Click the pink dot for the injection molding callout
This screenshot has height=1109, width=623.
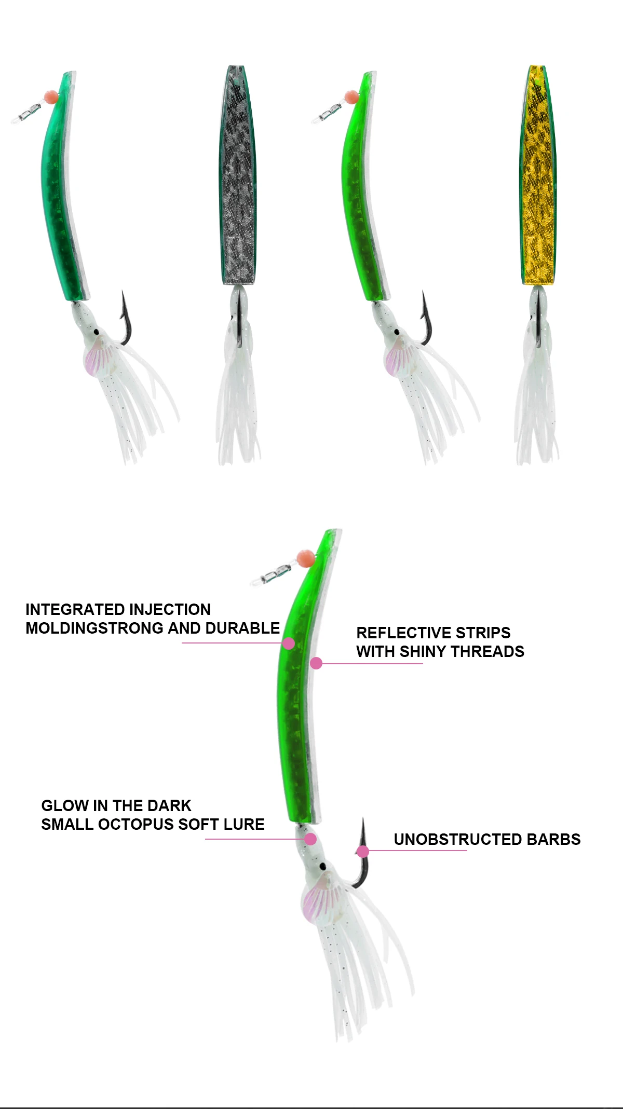[x=289, y=644]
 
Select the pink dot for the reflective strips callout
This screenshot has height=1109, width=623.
[x=316, y=663]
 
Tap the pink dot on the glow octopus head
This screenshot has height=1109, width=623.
[x=310, y=839]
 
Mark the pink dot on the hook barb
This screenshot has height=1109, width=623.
[x=363, y=851]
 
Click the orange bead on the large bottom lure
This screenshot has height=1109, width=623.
[x=305, y=558]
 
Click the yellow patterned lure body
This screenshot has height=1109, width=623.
[x=538, y=176]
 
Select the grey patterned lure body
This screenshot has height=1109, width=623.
[x=238, y=176]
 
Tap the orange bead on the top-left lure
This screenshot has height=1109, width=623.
[x=51, y=97]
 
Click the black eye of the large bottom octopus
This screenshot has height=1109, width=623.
[x=322, y=866]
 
